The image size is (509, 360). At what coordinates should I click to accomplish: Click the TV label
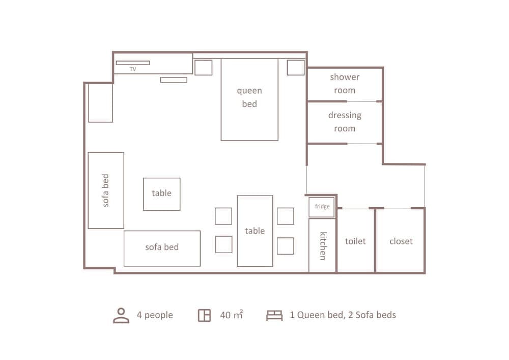[133, 69]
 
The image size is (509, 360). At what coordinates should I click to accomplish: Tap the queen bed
[249, 99]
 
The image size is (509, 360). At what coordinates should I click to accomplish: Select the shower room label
[345, 84]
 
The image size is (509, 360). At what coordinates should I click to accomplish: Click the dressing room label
[345, 122]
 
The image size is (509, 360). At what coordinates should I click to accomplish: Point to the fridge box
[322, 207]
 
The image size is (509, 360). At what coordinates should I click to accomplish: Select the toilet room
[355, 241]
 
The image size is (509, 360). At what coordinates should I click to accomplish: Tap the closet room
[401, 241]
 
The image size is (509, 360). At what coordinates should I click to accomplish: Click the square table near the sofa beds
[161, 193]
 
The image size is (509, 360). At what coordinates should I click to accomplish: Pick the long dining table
[254, 231]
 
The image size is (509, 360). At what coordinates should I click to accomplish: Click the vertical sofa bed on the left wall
[106, 190]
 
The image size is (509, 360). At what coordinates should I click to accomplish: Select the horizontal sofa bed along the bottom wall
[162, 248]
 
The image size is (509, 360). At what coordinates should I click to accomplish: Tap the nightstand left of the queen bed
[203, 67]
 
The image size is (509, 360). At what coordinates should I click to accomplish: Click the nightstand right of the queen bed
[295, 67]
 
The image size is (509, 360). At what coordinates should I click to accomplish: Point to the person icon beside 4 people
[121, 315]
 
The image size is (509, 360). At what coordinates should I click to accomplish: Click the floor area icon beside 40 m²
[204, 315]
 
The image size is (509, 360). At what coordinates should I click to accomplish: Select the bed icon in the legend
[274, 315]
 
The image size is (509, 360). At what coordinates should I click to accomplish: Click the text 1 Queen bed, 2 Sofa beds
[343, 315]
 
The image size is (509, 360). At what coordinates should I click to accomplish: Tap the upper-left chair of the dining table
[223, 216]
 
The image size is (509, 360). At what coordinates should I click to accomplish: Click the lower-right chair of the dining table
[285, 246]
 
